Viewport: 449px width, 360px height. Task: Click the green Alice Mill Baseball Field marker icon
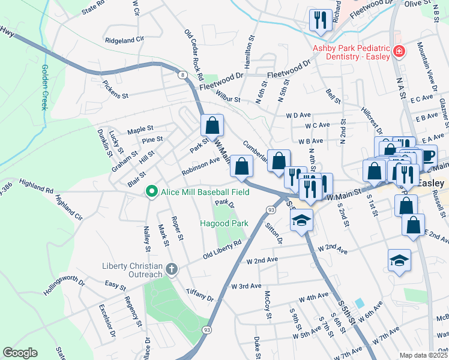152,192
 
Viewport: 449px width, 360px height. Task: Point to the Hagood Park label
224,223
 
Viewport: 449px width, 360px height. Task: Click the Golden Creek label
44,87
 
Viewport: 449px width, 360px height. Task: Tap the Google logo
20,352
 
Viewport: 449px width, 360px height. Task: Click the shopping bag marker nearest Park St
212,125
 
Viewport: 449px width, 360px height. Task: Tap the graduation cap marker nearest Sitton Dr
301,220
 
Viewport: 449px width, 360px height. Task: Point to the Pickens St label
115,91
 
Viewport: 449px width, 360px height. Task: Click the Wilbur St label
228,98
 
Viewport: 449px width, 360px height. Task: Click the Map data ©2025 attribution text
423,355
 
